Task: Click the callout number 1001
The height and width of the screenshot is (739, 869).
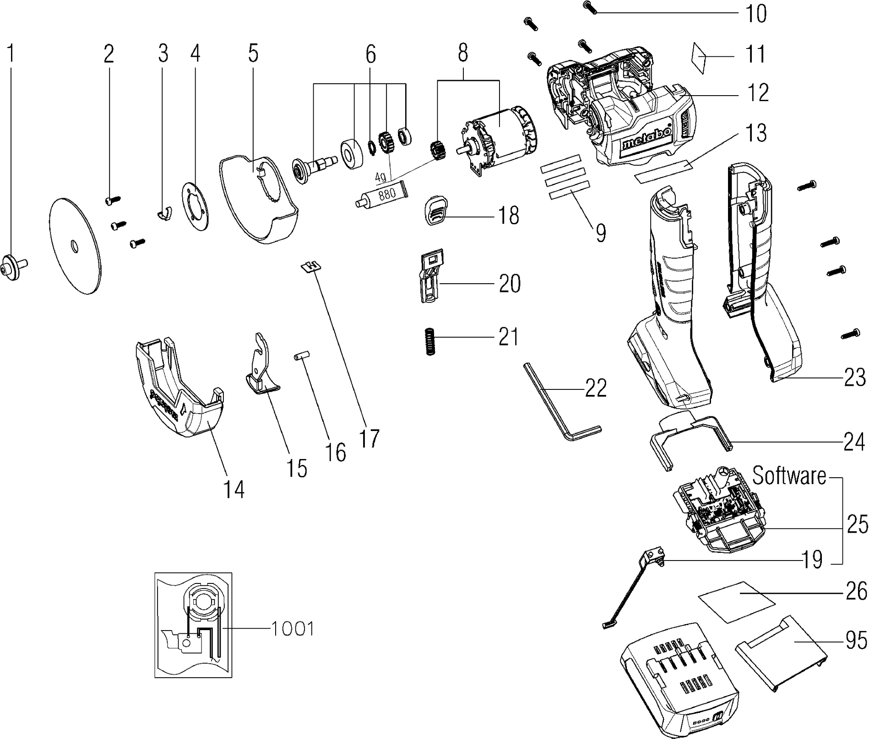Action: [293, 629]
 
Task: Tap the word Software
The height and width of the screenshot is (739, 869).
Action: [789, 476]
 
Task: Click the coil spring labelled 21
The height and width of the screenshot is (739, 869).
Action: [430, 342]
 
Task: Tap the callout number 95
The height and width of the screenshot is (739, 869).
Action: [855, 641]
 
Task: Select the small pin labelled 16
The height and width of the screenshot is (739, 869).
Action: [302, 355]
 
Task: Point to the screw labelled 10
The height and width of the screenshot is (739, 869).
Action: [590, 7]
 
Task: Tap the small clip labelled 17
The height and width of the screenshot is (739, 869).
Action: [311, 266]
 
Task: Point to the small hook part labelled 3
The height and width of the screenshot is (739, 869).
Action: [164, 212]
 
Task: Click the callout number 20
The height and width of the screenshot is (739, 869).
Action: [510, 284]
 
